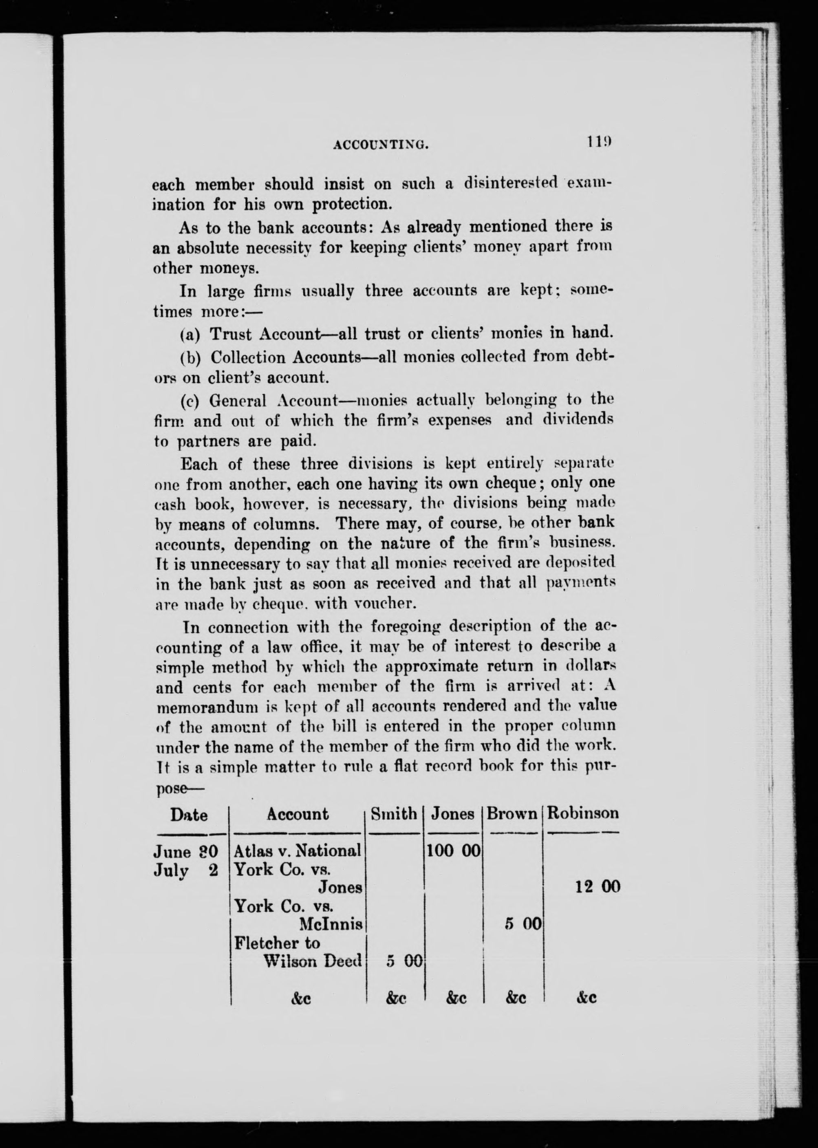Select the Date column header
coord(188,814)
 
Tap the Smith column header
coord(393,814)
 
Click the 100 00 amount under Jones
coord(453,851)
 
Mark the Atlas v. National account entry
coord(298,851)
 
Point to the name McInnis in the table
coord(331,924)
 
